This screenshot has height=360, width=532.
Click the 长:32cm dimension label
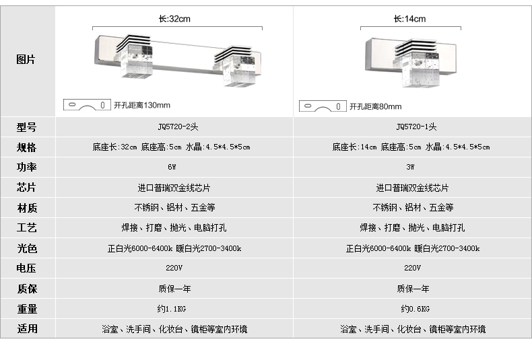[174, 19]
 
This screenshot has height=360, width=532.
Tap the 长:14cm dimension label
[409, 19]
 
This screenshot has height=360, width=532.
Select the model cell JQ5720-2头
[178, 127]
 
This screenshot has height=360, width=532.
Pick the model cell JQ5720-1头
[416, 127]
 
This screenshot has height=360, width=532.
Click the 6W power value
[172, 167]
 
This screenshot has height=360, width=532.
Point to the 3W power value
[410, 167]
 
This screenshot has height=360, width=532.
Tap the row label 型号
[26, 127]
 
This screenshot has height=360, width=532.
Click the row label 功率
[26, 167]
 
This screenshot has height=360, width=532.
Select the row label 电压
[26, 268]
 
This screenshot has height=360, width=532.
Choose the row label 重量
[27, 309]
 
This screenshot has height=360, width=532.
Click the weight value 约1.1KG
[172, 309]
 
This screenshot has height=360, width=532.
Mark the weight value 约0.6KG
[415, 309]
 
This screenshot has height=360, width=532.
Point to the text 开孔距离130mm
[142, 105]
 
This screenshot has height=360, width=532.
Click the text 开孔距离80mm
[376, 106]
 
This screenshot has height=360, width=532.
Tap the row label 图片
[26, 60]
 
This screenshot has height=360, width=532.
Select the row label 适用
[27, 328]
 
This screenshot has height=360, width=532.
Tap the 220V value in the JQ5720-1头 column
[412, 268]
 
